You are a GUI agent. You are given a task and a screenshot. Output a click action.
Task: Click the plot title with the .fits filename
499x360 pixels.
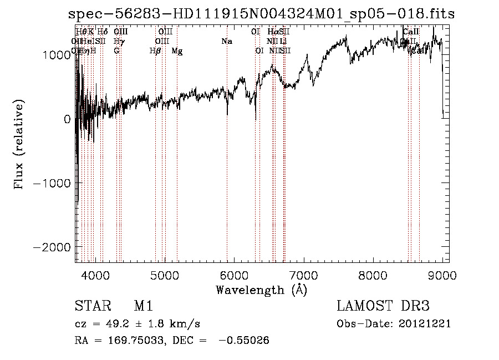tap(261, 14)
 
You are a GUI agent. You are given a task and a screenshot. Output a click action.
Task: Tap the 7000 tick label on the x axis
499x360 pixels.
tap(303, 275)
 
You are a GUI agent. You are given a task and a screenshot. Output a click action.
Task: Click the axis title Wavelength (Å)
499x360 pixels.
tap(261, 290)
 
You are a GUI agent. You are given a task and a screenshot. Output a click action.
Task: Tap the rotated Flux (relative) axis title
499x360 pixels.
tap(19, 145)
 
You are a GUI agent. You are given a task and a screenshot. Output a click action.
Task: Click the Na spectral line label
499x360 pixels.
tap(226, 42)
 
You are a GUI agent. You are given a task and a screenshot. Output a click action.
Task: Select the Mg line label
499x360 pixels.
tap(177, 51)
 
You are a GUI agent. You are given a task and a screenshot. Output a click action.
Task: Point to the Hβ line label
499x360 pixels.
tap(155, 51)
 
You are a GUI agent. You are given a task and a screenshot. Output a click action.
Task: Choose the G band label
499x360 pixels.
tap(116, 51)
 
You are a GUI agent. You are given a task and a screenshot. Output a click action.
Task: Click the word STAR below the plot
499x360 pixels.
tap(92, 307)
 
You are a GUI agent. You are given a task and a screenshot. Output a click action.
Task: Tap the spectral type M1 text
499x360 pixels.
tap(143, 307)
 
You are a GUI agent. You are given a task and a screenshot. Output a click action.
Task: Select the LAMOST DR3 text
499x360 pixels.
tap(383, 307)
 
